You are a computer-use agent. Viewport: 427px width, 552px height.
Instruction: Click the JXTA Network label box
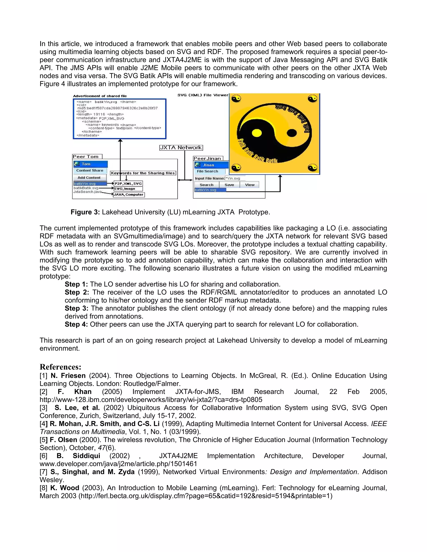181,148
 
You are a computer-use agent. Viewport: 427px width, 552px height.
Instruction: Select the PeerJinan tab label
208,159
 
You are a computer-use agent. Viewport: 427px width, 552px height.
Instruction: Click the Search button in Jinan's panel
206,185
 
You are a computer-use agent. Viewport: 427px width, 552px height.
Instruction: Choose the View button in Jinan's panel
249,185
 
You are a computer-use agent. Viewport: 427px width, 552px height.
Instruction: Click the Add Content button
89,178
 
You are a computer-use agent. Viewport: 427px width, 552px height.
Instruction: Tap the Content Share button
90,171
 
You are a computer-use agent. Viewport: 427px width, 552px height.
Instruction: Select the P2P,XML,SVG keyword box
128,184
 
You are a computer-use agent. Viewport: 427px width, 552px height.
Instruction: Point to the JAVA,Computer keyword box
129,195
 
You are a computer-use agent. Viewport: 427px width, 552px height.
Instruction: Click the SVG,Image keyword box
128,189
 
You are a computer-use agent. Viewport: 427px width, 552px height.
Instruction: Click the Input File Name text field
235,179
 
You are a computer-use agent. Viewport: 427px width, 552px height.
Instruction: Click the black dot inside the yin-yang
292,132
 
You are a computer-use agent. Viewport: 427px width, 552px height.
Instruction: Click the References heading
60,367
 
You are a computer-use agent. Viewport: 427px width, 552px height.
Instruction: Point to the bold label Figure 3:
85,212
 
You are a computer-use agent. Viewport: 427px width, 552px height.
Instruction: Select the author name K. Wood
65,488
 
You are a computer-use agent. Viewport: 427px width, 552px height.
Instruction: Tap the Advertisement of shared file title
100,96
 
